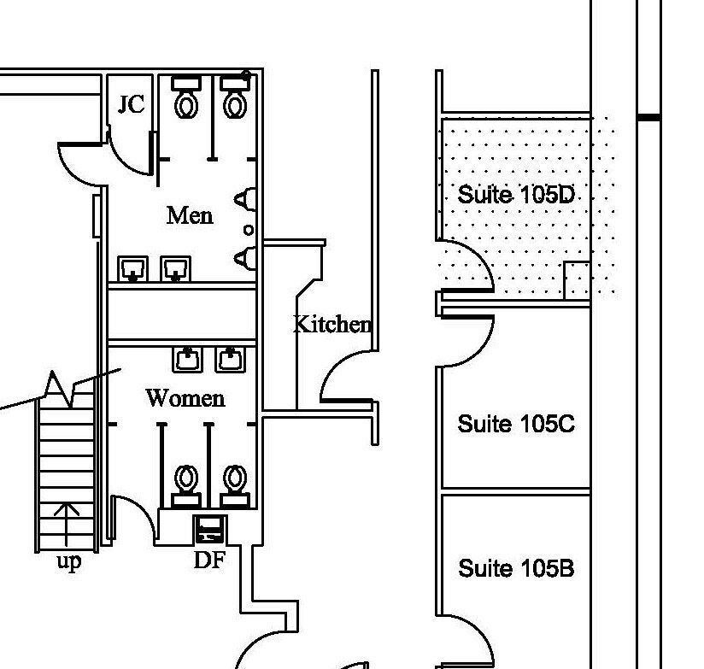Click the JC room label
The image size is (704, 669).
tap(131, 104)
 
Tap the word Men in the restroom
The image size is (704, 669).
tap(189, 214)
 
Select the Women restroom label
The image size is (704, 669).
tap(185, 398)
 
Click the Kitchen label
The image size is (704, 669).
tap(331, 325)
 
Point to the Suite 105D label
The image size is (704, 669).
tap(515, 195)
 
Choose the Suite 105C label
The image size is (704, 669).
tap(515, 424)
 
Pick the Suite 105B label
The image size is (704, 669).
tap(515, 568)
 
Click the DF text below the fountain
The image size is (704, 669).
tap(208, 560)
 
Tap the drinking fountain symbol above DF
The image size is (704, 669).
tap(210, 530)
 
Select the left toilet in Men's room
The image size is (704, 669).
tap(186, 97)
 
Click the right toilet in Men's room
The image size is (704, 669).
tap(235, 97)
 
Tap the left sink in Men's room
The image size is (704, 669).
tap(132, 269)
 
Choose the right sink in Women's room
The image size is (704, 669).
tap(230, 359)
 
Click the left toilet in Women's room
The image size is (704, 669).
tap(186, 484)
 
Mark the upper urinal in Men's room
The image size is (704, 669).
tap(246, 199)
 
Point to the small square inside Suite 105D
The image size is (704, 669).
tap(577, 280)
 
